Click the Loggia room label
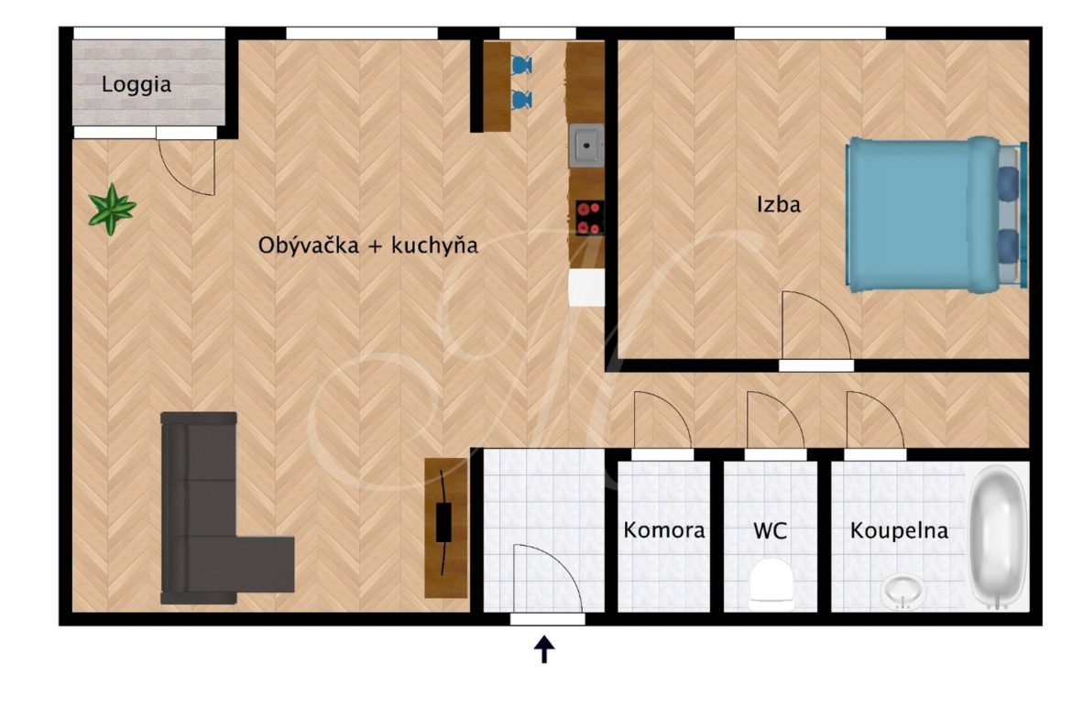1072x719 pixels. click(x=136, y=85)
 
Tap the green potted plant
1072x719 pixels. click(x=112, y=209)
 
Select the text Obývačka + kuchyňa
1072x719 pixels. click(x=367, y=245)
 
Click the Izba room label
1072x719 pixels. click(x=778, y=204)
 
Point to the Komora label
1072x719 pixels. click(x=664, y=530)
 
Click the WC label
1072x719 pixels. click(x=770, y=530)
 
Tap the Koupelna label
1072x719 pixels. click(x=899, y=531)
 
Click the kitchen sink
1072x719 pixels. click(x=586, y=146)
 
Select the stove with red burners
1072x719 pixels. click(x=589, y=217)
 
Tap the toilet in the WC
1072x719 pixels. click(x=771, y=585)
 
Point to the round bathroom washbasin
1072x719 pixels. click(x=903, y=592)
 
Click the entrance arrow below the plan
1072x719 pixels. click(x=544, y=649)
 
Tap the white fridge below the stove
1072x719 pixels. click(x=586, y=287)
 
